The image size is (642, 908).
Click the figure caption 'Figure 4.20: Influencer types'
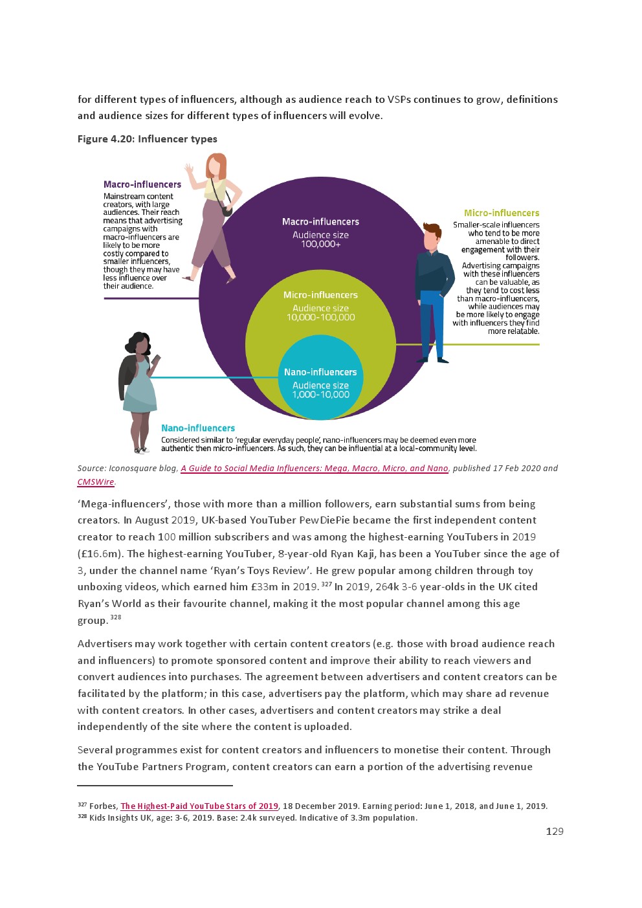click(147, 139)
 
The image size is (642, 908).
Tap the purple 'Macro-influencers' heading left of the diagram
click(142, 184)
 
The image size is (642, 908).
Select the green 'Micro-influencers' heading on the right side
click(501, 213)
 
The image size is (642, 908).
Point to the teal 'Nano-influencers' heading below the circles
click(197, 428)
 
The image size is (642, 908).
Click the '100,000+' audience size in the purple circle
click(320, 244)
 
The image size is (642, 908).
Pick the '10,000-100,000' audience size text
click(320, 317)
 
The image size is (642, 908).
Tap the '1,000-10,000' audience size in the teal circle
click(320, 395)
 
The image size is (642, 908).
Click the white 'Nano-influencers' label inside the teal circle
click(320, 372)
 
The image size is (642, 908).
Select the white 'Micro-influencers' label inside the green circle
click(320, 295)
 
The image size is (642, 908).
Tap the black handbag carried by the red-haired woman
click(227, 210)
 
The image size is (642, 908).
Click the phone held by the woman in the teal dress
click(155, 360)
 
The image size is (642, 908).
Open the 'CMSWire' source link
click(95, 482)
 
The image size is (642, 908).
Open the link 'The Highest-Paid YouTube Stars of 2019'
click(199, 806)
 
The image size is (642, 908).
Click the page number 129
click(555, 832)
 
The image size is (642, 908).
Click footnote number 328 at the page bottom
click(82, 817)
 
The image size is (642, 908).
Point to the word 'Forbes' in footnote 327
click(103, 806)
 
